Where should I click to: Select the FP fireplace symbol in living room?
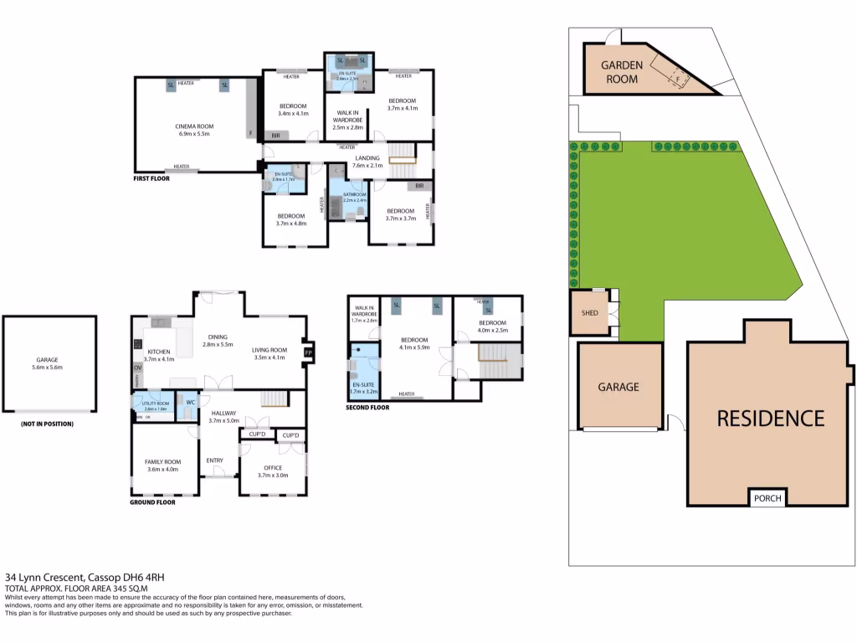pyautogui.click(x=308, y=352)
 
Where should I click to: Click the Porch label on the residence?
pyautogui.click(x=767, y=498)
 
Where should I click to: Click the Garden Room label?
pyautogui.click(x=621, y=72)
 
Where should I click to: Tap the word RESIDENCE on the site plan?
pyautogui.click(x=770, y=418)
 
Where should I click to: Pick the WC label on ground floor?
pyautogui.click(x=190, y=403)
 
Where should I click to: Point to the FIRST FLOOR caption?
pyautogui.click(x=151, y=178)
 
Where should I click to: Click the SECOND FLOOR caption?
pyautogui.click(x=367, y=408)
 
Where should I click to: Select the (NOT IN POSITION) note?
pyautogui.click(x=47, y=424)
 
